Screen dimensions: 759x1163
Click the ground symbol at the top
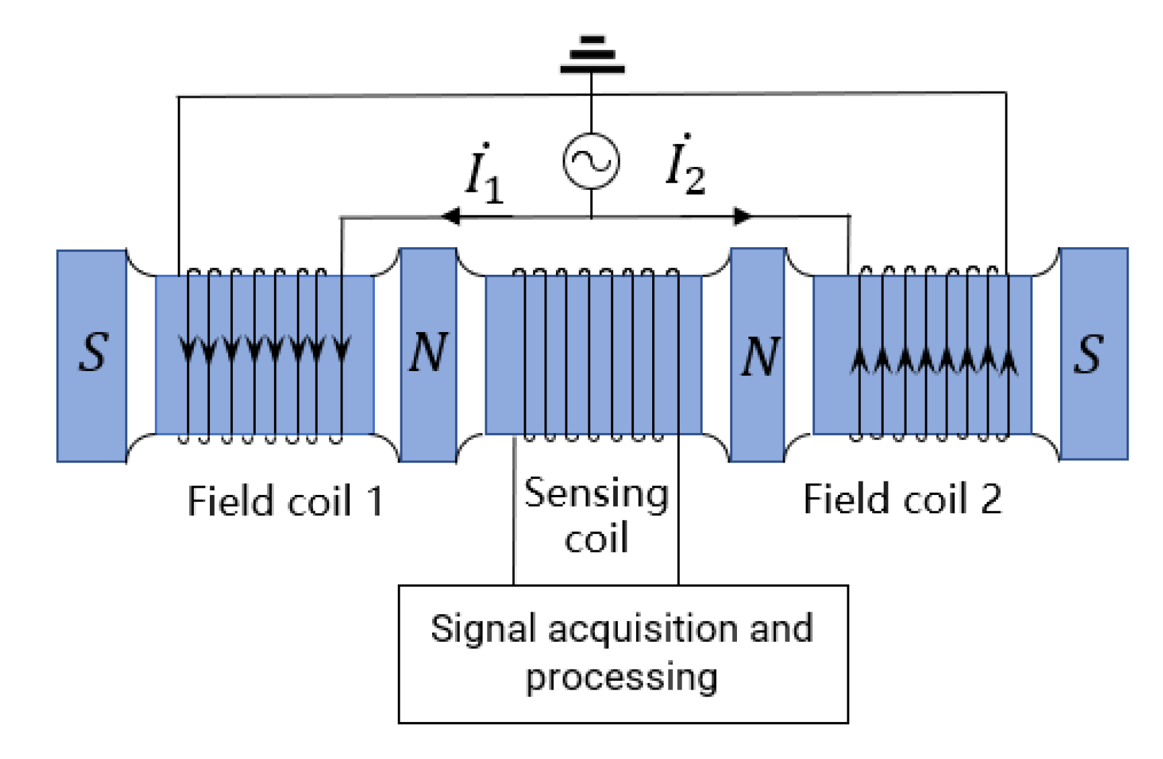(592, 55)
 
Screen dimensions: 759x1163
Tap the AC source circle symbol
(591, 161)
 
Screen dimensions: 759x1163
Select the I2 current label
(684, 167)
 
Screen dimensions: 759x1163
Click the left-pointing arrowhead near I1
(450, 216)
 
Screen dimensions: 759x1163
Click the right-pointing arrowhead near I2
(742, 216)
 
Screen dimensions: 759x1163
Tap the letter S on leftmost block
(93, 353)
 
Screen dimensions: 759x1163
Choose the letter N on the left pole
(428, 353)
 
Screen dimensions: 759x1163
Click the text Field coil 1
(285, 501)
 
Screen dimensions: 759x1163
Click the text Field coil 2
(902, 500)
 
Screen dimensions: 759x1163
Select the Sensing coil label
(596, 515)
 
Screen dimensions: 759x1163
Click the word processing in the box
(621, 677)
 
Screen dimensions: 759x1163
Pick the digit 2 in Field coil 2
(990, 500)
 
